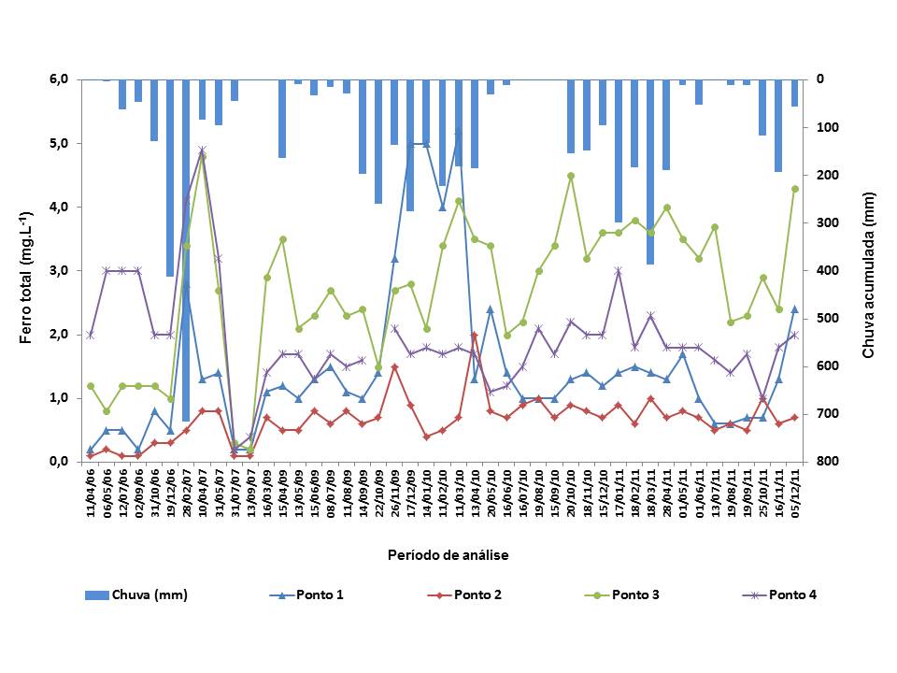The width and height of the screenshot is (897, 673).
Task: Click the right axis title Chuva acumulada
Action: (868, 270)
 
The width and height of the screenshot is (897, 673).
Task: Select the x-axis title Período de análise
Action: (448, 555)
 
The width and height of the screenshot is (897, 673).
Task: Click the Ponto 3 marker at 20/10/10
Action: (570, 176)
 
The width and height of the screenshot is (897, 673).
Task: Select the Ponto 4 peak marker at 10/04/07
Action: (202, 150)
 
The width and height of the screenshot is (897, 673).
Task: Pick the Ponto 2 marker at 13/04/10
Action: (474, 335)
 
